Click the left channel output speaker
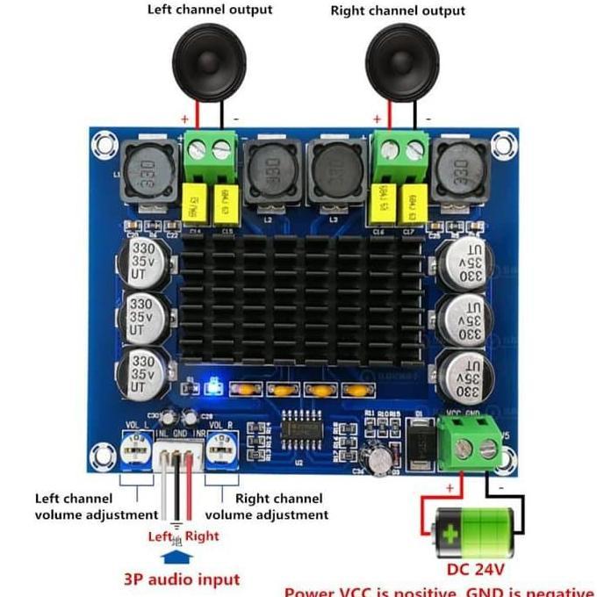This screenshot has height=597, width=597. (x=210, y=58)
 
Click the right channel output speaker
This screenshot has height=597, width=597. (x=403, y=58)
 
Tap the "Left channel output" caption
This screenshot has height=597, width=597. (x=210, y=10)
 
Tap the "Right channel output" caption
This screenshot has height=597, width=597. (x=398, y=11)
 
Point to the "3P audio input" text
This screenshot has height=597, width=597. (x=182, y=579)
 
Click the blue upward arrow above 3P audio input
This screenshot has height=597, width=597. (x=176, y=556)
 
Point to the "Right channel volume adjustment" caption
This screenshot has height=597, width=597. (x=267, y=507)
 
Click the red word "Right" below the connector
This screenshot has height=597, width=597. (x=202, y=536)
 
